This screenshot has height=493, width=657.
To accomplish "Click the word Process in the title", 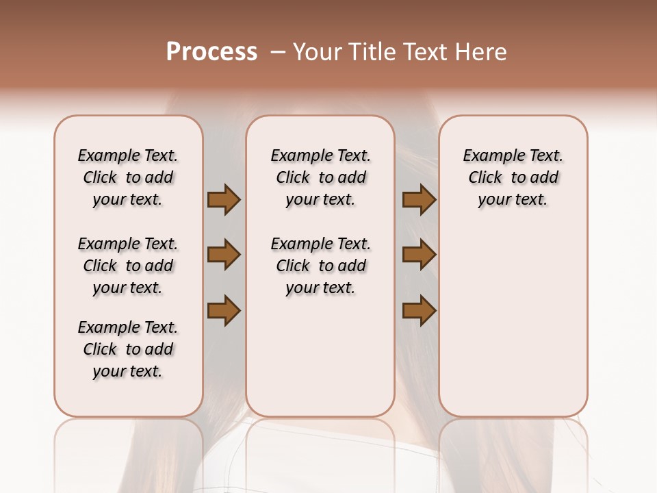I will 211,52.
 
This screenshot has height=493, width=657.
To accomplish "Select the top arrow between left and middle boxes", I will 224,200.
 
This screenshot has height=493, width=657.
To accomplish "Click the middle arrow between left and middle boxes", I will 224,255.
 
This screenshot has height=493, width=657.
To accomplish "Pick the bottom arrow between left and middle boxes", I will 224,310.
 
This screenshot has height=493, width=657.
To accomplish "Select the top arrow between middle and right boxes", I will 419,200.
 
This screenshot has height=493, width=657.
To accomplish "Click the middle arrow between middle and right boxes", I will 419,255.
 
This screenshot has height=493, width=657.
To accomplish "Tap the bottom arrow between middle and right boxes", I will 419,310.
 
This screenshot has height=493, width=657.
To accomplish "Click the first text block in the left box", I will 128,177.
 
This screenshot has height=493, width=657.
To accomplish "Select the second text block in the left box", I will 128,266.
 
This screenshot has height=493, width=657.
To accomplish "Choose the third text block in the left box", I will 128,349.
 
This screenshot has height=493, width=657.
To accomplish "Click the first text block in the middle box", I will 320,177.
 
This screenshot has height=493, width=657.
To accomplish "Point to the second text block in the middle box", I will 320,266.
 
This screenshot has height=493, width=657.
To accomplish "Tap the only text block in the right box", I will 513,177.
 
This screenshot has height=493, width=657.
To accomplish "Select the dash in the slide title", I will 278,52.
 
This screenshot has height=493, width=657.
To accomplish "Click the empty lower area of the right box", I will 513,329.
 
